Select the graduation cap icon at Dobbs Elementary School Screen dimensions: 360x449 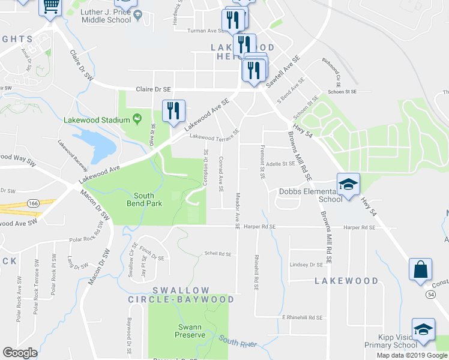(x=348, y=185)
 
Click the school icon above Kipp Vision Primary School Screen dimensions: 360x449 (x=423, y=329)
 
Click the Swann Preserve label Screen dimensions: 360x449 (x=190, y=331)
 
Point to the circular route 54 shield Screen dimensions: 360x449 (x=430, y=295)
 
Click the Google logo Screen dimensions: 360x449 (x=20, y=353)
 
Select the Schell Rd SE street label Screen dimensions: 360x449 (x=217, y=253)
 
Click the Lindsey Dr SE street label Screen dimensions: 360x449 (x=306, y=264)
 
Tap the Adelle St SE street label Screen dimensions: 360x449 (x=281, y=163)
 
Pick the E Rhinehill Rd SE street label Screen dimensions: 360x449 (x=302, y=317)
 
